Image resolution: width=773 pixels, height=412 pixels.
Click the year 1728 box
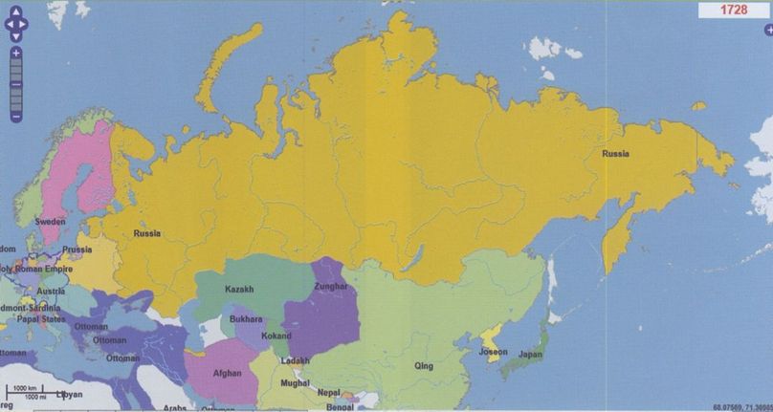734,11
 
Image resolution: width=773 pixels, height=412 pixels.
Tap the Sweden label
51,221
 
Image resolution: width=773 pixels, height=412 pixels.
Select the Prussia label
77,249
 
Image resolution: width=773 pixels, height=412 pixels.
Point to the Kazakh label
240,289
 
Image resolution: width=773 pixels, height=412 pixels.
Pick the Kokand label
276,336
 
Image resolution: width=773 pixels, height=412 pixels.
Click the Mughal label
295,382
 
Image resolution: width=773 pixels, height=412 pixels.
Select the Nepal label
330,392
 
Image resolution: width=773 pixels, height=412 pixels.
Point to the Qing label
423,365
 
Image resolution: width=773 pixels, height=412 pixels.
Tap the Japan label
530,355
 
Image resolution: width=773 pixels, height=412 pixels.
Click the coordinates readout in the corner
741,406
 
